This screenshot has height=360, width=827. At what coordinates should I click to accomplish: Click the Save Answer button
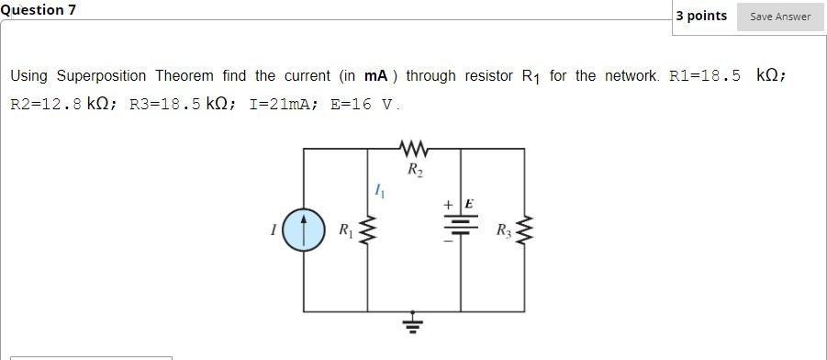pos(780,16)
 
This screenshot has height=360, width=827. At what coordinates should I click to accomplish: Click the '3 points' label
pos(701,16)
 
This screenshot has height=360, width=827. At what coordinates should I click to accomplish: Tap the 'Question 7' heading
pos(39,9)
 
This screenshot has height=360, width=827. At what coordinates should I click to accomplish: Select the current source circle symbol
pos(304,231)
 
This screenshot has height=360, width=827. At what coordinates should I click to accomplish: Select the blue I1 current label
pos(379,190)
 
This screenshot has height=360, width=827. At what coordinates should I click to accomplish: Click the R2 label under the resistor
pos(415,169)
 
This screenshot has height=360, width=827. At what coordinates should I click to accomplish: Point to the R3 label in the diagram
pos(503,231)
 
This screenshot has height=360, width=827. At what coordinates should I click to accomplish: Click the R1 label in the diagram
pos(345,231)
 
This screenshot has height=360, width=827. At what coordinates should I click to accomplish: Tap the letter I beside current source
pos(273,231)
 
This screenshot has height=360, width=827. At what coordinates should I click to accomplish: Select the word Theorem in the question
pos(184,75)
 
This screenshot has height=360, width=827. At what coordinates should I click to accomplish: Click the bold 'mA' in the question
pos(376,75)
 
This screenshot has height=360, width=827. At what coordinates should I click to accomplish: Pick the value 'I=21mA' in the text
pos(278,104)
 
